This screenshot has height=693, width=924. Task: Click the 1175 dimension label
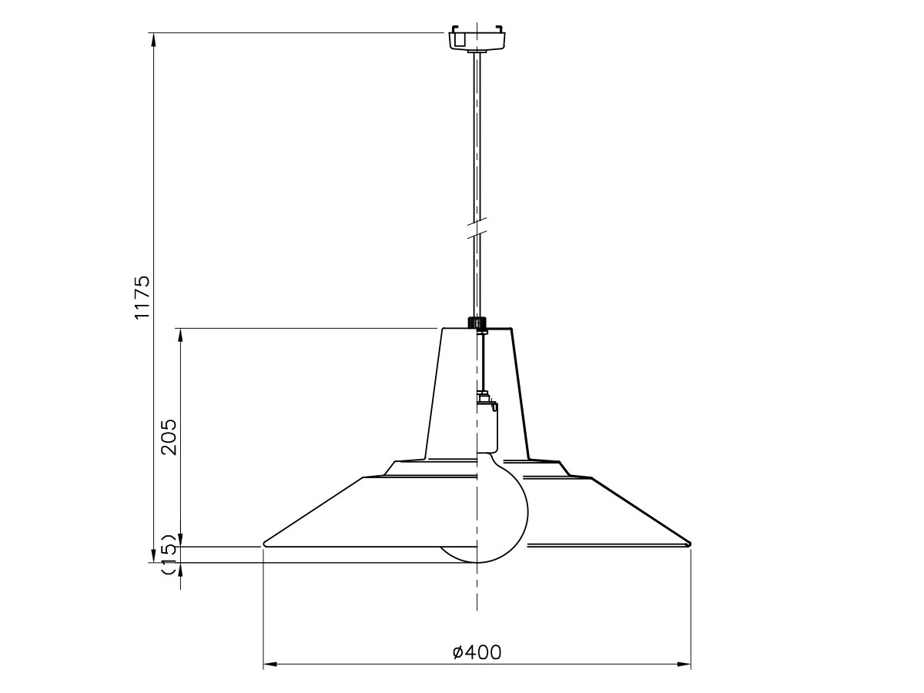pos(142,297)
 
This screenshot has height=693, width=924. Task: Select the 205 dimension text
pos(169,437)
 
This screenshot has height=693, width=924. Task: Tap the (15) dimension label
pos(169,554)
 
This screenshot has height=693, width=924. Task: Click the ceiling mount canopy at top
pos(477,38)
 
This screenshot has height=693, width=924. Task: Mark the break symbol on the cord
pos(477,228)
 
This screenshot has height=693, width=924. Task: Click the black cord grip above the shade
pos(477,323)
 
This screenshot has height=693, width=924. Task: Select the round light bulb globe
pos(502,507)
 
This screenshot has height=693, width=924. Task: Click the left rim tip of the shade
pos(263,544)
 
